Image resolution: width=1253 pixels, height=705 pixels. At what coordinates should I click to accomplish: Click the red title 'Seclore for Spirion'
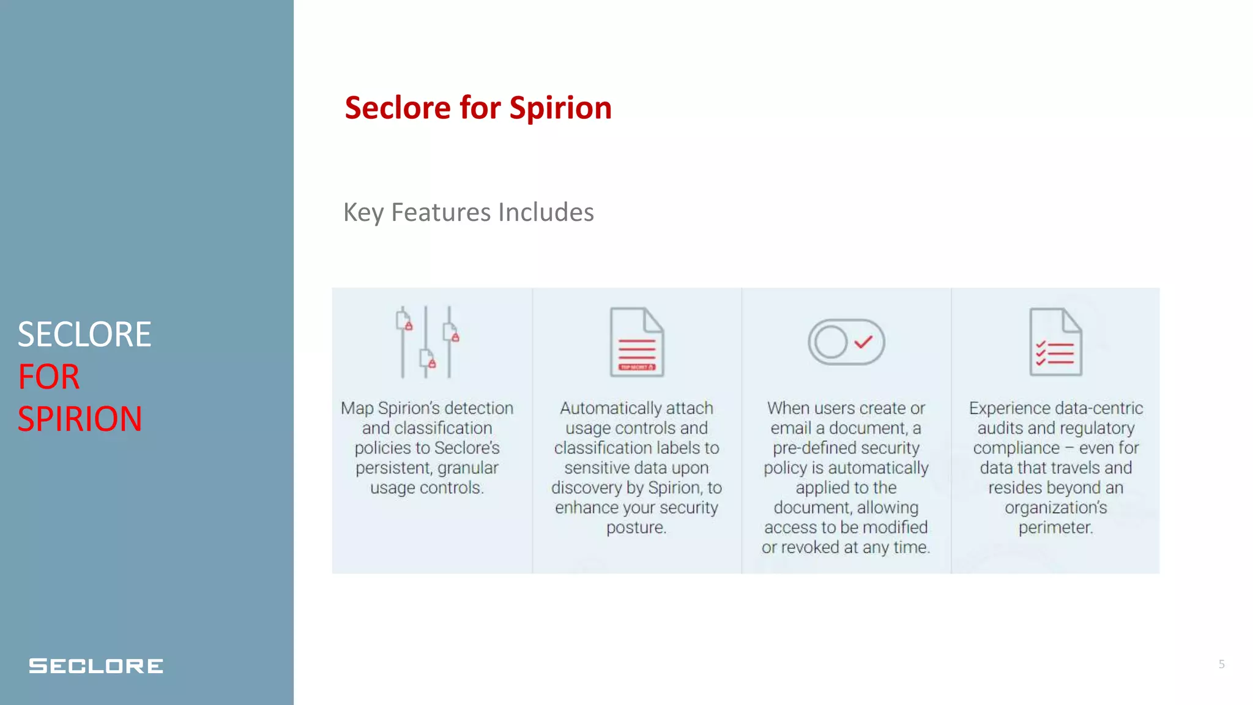(x=478, y=108)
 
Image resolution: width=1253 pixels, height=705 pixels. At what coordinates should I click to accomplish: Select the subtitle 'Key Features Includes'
(x=468, y=212)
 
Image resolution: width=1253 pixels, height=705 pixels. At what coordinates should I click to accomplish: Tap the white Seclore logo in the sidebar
(x=96, y=666)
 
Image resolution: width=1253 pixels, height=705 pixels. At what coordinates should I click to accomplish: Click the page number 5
(x=1221, y=664)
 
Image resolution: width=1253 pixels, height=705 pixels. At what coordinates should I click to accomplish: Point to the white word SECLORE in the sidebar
(x=84, y=335)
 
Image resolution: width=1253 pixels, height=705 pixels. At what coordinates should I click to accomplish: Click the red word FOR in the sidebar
(x=49, y=377)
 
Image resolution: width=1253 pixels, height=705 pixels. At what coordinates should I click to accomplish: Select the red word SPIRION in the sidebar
(x=80, y=419)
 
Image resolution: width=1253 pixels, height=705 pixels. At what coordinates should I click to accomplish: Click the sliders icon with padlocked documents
(x=427, y=342)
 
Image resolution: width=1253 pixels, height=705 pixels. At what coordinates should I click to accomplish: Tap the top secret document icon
(x=636, y=342)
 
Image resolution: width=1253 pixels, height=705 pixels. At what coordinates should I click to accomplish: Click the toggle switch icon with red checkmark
(x=846, y=342)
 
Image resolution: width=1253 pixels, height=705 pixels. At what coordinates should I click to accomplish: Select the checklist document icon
(x=1055, y=342)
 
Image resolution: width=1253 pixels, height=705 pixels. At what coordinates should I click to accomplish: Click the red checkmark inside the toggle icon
(x=863, y=341)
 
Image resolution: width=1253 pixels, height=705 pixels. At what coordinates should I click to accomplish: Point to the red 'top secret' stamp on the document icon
(x=636, y=367)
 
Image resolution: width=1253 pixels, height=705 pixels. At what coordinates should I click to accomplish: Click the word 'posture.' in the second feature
(x=636, y=528)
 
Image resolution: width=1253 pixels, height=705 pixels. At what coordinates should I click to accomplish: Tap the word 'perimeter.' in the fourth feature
(x=1055, y=528)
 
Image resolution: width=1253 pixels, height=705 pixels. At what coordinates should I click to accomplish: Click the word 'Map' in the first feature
(x=357, y=408)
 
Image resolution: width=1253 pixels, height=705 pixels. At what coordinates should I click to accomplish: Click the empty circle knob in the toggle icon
(x=831, y=342)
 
